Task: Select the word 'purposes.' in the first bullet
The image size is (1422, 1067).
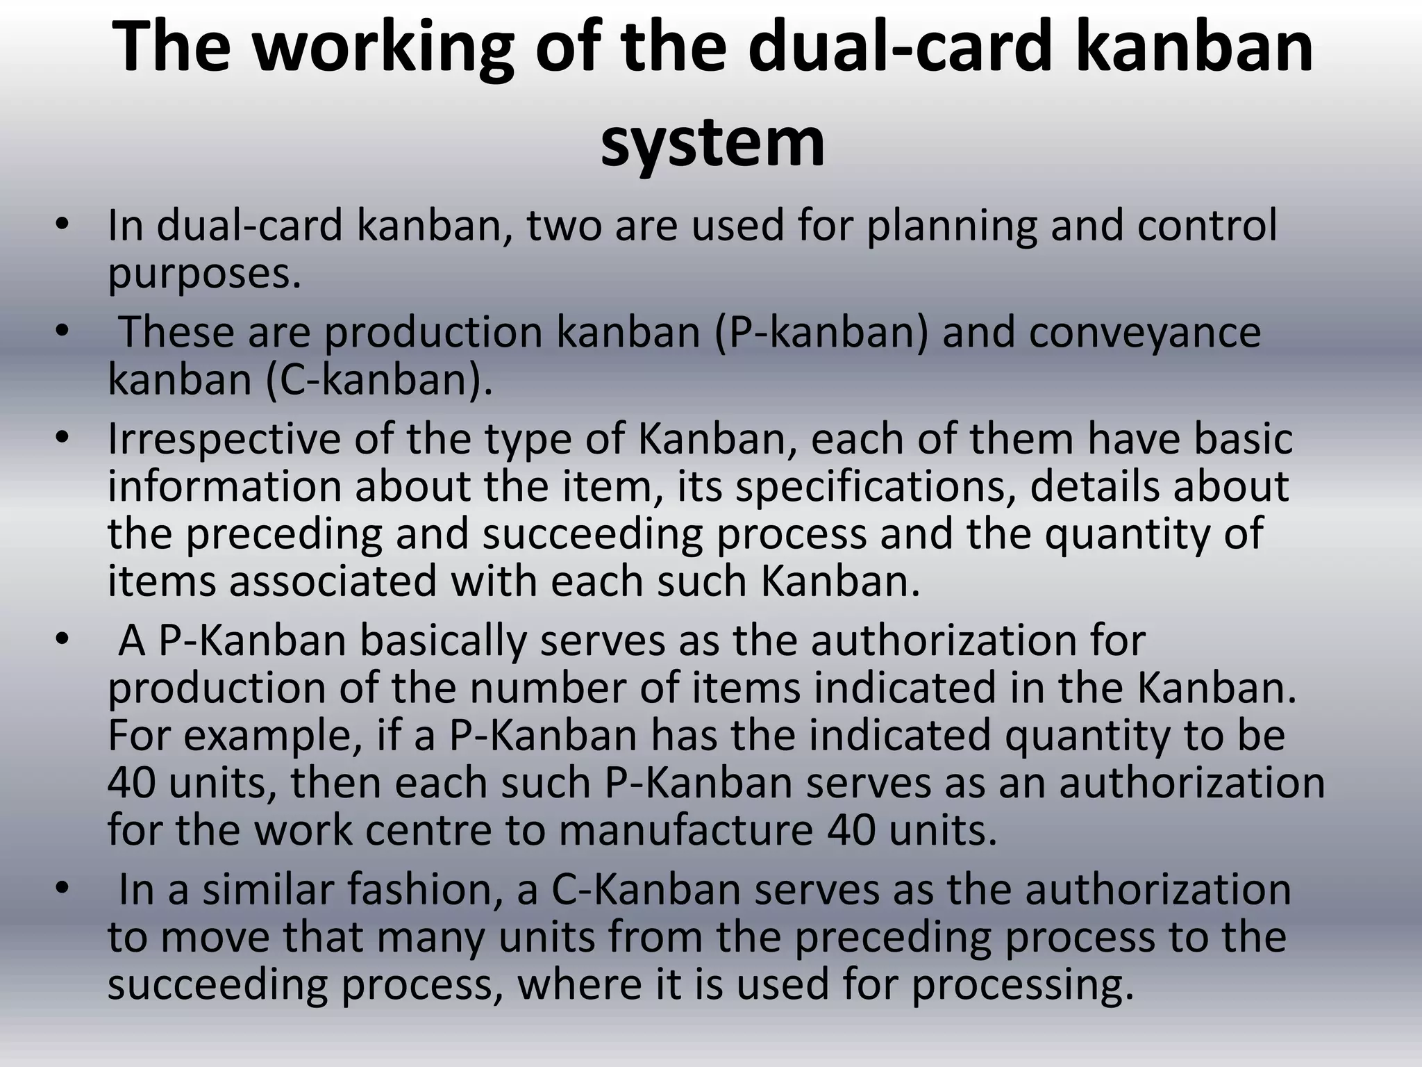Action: tap(205, 274)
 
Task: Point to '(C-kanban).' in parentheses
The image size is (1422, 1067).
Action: tap(379, 380)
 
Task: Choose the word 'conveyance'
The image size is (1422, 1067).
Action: tap(1144, 332)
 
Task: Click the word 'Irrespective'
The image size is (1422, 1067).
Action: tap(224, 440)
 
